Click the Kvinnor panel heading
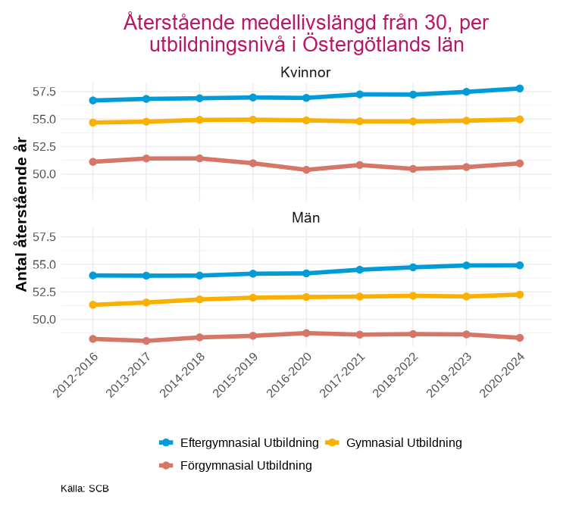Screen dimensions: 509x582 coord(305,73)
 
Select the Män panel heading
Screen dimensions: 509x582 coord(305,217)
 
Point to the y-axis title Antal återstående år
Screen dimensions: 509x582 coord(21,214)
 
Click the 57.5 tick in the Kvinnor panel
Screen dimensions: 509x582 coord(44,92)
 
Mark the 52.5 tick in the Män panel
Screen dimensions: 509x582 coord(44,292)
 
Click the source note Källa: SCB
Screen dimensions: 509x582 coord(85,489)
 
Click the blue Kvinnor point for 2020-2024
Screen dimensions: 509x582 coord(520,89)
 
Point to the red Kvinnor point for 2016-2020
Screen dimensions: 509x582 coord(306,170)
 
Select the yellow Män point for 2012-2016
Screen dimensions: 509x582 coord(92,304)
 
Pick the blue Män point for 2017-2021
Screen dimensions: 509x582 coord(360,270)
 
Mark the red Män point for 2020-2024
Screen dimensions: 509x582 coord(520,338)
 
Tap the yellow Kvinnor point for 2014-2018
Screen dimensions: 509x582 coord(199,120)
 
